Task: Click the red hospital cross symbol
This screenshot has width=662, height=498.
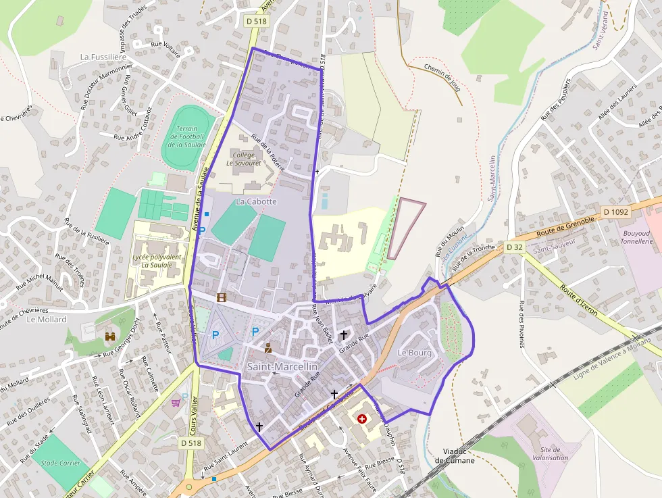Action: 363,419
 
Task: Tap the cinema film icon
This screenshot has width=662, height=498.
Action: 221,297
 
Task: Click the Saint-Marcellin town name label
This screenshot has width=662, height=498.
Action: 282,366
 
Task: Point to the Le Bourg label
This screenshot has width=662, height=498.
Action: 414,353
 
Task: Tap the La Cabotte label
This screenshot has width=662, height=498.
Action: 256,201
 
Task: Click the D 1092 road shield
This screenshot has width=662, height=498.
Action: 615,211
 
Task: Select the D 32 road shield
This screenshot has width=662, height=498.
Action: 514,247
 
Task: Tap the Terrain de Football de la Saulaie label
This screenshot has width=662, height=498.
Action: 186,136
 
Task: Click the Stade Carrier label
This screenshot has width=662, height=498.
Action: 60,464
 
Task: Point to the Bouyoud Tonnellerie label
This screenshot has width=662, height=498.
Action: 636,236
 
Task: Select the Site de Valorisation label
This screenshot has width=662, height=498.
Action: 550,453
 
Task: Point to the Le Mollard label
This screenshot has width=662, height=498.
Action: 47,319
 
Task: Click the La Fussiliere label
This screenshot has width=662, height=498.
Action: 104,57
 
